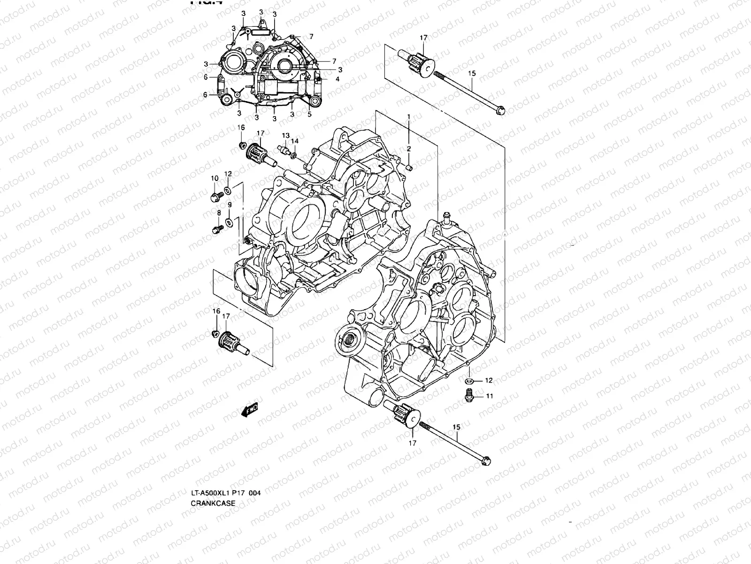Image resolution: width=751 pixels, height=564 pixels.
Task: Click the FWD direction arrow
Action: click(x=249, y=410)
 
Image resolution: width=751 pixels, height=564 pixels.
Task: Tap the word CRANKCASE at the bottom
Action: click(x=213, y=503)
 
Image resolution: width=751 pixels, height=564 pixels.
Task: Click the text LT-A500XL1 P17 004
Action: click(x=225, y=493)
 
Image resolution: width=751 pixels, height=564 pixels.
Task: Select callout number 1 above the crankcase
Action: click(x=408, y=116)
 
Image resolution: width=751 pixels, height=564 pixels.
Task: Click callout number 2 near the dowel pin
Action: click(x=408, y=149)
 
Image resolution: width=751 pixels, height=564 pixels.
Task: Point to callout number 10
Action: click(x=215, y=178)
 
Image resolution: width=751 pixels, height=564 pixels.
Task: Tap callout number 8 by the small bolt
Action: click(x=219, y=213)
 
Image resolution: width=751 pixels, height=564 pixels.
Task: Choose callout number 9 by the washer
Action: click(x=230, y=205)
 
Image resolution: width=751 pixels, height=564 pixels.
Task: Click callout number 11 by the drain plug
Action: click(x=489, y=396)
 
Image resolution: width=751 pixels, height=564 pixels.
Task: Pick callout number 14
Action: click(x=294, y=141)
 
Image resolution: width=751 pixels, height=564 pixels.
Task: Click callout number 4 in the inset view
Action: click(x=337, y=79)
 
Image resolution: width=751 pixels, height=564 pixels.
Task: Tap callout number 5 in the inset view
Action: click(x=309, y=114)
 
